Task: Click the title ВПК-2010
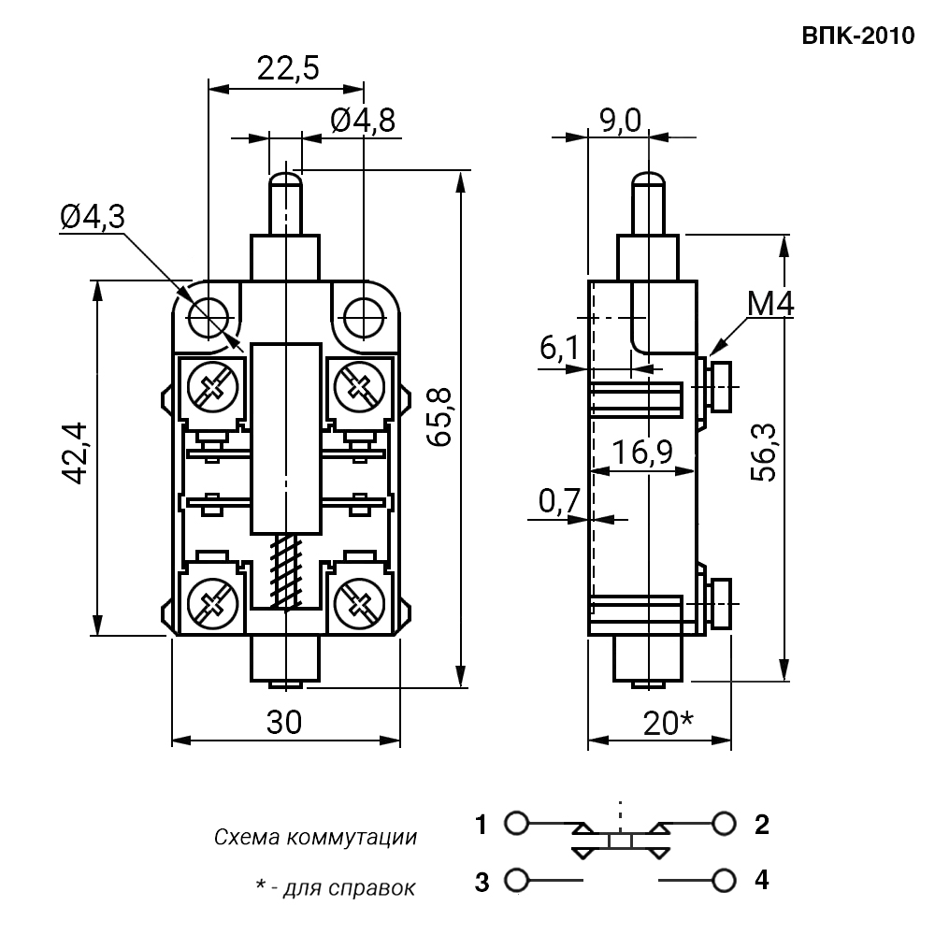pos(857,36)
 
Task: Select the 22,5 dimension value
pos(288,68)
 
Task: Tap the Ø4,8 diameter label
pos(363,121)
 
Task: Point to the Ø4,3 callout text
pos(93,217)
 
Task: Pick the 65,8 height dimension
pos(440,417)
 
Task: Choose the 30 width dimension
pos(284,722)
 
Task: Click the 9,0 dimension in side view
pos(620,121)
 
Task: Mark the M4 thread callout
pos(770,304)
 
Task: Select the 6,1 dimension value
pos(559,348)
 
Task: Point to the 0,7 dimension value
pos(559,501)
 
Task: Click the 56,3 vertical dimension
pos(764,453)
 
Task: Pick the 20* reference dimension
pos(669,724)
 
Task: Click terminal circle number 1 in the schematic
pos(516,823)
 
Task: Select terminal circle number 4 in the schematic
pos(724,880)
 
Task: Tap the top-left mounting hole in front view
pos(209,318)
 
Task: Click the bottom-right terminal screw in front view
pos(358,604)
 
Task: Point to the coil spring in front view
pos(285,572)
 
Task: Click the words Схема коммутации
pos(315,837)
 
